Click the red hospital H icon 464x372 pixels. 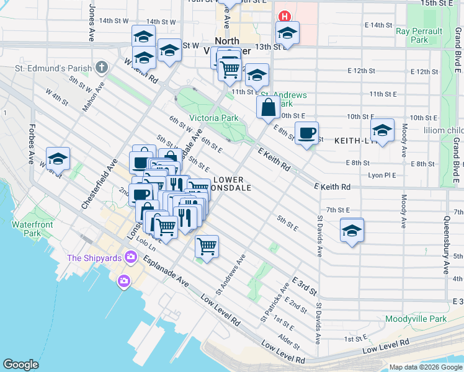[285, 16]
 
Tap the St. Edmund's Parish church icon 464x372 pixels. [100, 68]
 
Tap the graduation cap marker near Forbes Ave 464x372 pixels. [58, 159]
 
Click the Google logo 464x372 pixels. [21, 365]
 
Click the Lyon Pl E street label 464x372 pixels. [382, 175]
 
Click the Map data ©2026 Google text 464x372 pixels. [425, 367]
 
